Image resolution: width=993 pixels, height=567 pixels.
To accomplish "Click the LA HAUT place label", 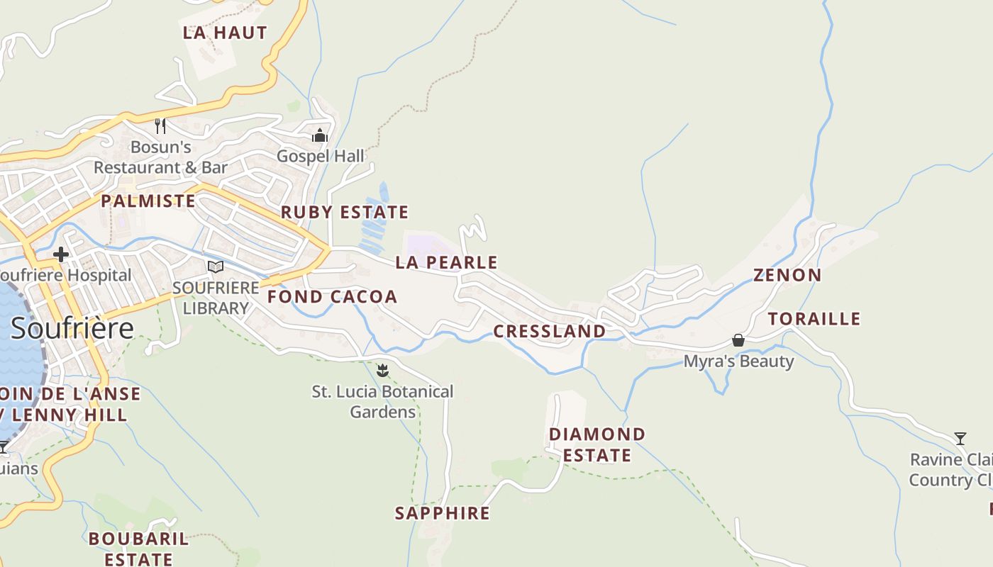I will [225, 33].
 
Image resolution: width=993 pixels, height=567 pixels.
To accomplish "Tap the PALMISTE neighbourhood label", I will [148, 201].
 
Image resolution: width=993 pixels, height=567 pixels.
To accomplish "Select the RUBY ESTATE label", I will [345, 213].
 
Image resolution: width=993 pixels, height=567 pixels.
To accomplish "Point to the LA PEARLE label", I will [446, 263].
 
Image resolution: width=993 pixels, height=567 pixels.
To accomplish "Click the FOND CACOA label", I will [332, 297].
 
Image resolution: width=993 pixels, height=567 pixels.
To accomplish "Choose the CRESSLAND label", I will [550, 332].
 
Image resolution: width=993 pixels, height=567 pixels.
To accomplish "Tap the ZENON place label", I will [787, 275].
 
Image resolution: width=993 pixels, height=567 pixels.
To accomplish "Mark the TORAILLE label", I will [814, 319].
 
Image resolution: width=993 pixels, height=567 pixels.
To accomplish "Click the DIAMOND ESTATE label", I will [597, 444].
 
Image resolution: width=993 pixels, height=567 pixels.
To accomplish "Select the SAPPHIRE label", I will [443, 513].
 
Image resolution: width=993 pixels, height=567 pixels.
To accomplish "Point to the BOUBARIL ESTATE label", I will [139, 549].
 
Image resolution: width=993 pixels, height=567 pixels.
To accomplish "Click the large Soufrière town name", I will [72, 328].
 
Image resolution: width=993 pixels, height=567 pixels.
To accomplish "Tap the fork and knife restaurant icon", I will [160, 126].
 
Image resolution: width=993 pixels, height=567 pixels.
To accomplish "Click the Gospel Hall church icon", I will [320, 135].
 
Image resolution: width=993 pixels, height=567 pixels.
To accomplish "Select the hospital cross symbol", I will [61, 254].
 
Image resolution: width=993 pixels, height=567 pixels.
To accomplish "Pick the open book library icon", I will [216, 267].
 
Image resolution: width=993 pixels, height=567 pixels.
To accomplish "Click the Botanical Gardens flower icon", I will [383, 370].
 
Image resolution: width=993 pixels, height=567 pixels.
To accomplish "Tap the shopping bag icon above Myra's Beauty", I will [738, 340].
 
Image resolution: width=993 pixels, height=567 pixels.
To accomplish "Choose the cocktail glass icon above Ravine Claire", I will [960, 439].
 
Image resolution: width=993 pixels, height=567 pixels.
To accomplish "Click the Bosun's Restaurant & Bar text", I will [161, 157].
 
